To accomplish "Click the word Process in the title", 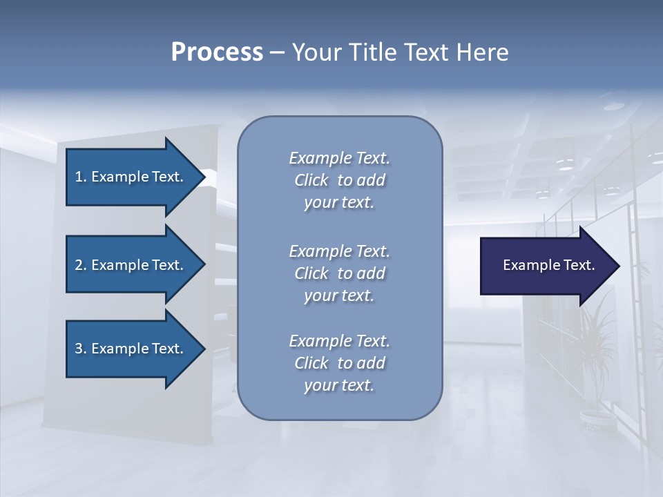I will point(217,52).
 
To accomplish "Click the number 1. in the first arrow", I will point(81,177).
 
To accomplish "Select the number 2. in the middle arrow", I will point(81,265).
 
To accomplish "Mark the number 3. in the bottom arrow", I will point(81,349).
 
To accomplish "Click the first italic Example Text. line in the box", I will point(339,158).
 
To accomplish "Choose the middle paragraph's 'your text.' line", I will point(339,295).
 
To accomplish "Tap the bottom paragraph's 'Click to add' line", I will point(339,363).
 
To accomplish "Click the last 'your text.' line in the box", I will point(339,385).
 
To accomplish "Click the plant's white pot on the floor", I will point(595,417).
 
